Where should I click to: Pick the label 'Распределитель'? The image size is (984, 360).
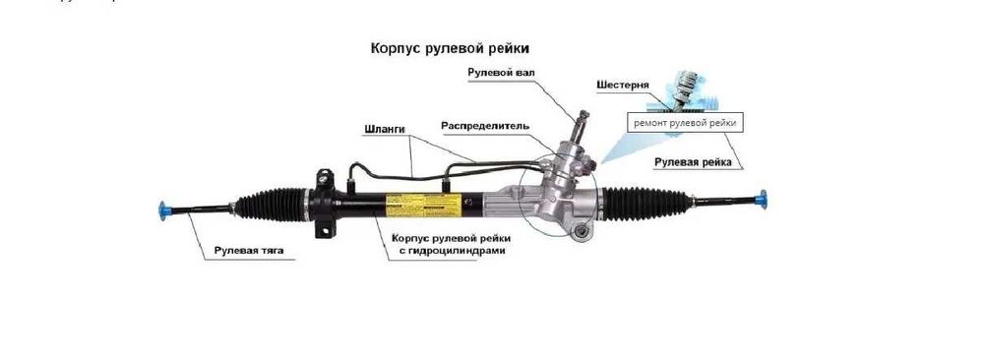pos(486,126)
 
